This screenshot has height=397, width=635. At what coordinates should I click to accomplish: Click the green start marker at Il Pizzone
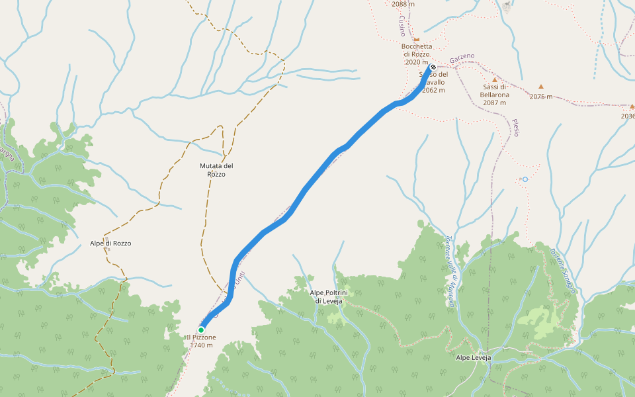point(201,330)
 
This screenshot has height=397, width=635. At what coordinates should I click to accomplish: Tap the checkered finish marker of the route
point(433,67)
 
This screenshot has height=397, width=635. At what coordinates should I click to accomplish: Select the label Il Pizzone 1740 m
point(201,341)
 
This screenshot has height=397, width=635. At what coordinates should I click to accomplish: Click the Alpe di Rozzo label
point(110,243)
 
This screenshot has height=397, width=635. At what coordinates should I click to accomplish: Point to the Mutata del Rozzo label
point(216,170)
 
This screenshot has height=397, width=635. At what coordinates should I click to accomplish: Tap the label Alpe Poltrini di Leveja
point(329,296)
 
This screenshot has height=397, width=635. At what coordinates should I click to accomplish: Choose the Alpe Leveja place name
point(474,358)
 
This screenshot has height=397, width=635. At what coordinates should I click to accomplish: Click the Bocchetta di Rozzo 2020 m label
point(417,54)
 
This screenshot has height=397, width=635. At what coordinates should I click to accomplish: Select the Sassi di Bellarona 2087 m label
point(494,95)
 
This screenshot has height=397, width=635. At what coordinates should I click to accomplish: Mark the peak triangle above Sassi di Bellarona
point(494,80)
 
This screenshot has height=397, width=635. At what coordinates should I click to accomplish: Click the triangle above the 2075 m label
point(541,87)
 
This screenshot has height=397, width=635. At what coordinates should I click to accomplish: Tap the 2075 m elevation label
point(541,97)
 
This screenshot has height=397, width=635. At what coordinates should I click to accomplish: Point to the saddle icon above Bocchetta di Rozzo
point(417,39)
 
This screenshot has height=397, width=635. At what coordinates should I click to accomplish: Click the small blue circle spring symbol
point(525,179)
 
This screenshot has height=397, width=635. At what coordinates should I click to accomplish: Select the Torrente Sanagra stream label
point(564,271)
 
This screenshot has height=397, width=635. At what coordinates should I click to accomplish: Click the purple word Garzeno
point(462,61)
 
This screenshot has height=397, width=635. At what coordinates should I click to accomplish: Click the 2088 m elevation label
point(403,4)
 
